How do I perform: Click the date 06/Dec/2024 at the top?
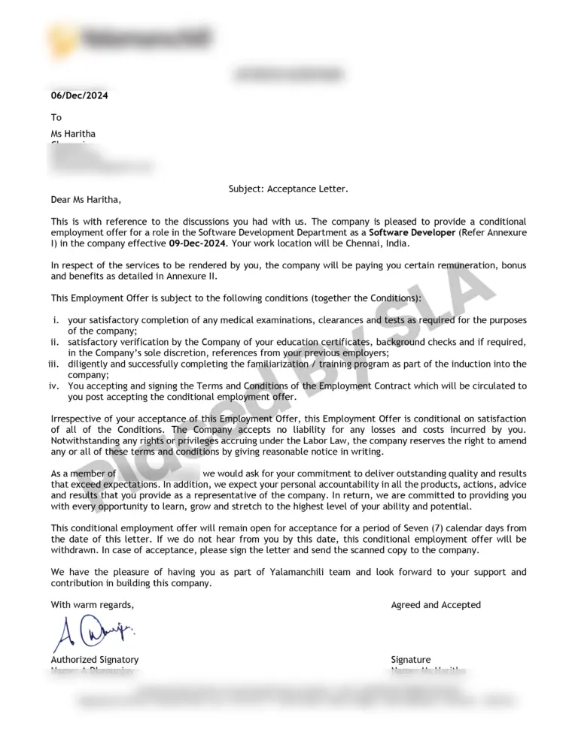coord(79,95)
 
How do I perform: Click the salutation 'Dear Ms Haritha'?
coord(85,199)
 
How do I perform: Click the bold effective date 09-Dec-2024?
coord(197,244)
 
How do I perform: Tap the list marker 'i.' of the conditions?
coord(56,320)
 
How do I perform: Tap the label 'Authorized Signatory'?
coord(95,660)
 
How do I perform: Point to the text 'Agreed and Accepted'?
coord(436,605)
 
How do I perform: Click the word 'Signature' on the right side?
coord(411,660)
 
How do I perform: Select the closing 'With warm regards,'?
coord(93,605)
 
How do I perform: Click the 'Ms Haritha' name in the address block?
coord(73,134)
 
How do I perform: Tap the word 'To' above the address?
coord(56,117)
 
